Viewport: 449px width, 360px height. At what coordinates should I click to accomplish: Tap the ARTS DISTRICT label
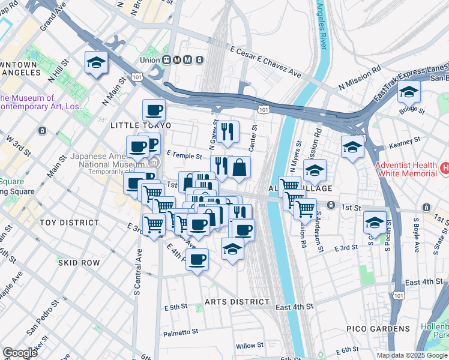(237, 301)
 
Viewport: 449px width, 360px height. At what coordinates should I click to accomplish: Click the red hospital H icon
(445, 169)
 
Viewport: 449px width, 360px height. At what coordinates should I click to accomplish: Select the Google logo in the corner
(20, 353)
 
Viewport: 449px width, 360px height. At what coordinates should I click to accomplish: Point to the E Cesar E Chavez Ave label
(264, 63)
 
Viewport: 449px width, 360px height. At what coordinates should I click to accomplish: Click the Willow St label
(250, 346)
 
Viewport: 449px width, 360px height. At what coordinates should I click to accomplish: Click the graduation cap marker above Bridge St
(409, 92)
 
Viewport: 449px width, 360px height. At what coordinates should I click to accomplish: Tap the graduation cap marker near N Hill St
(96, 63)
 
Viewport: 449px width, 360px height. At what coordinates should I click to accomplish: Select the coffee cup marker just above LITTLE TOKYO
(154, 110)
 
